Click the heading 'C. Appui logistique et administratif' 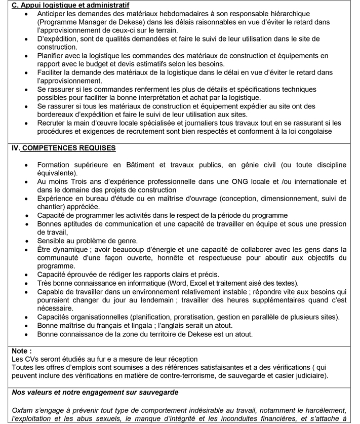point(71,5)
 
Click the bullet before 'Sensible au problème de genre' point(27,240)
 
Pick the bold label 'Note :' point(22,351)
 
